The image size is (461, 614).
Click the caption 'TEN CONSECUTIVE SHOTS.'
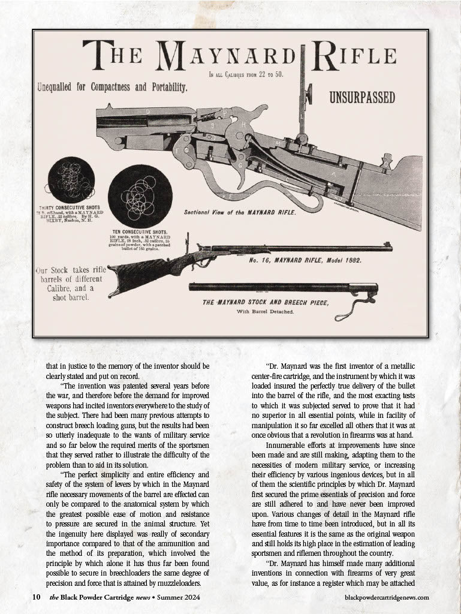pos(139,231)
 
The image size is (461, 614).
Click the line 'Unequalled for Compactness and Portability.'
pos(112,87)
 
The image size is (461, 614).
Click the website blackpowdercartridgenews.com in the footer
pos(387,597)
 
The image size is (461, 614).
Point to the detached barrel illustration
pos(276,288)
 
